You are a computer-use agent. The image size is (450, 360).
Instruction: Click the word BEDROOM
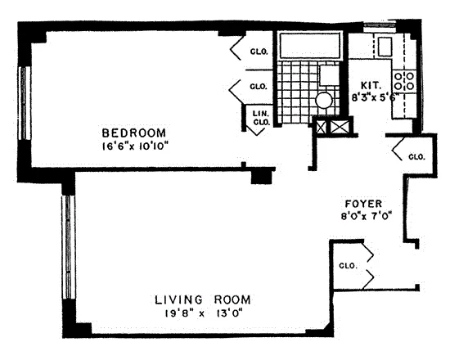coord(133,133)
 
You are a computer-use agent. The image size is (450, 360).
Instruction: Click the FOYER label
coord(364,204)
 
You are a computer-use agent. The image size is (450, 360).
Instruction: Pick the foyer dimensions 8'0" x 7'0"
coord(364,217)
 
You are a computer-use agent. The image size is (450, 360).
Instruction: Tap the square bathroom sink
coord(328,75)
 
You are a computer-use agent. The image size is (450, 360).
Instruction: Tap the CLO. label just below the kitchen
coord(415,155)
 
